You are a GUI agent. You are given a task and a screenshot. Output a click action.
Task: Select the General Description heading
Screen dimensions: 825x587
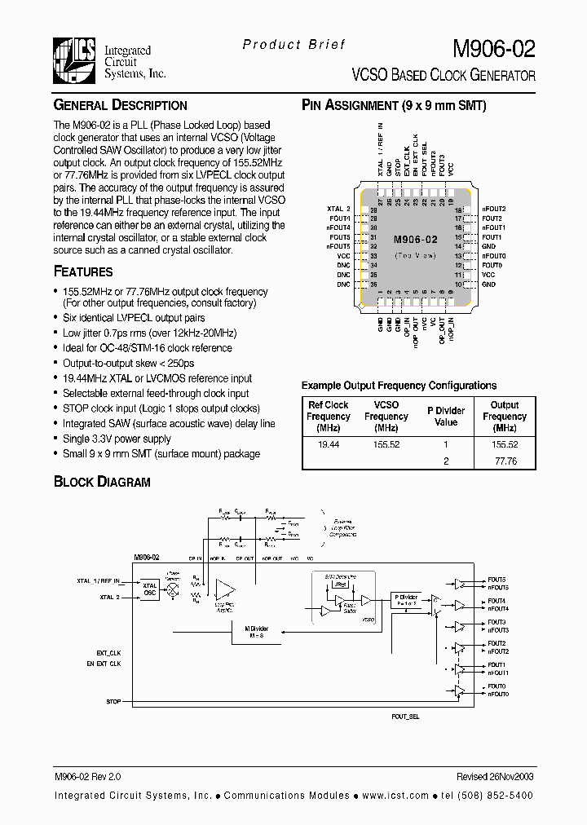point(120,105)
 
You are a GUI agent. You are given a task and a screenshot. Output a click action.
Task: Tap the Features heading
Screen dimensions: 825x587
point(83,271)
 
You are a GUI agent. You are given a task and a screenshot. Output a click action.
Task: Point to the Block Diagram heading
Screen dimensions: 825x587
point(102,481)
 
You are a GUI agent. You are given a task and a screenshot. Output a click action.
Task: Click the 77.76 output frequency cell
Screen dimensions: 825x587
point(505,461)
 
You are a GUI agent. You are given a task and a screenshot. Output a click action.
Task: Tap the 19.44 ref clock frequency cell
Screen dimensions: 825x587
point(328,445)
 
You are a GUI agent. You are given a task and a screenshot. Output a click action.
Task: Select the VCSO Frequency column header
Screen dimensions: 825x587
point(386,416)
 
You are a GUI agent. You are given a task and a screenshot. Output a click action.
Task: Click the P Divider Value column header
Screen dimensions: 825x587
point(446,417)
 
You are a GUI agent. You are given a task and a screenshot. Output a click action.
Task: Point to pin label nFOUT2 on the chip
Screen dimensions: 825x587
point(494,209)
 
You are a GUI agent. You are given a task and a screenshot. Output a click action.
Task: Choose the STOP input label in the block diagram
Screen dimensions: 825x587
point(113,701)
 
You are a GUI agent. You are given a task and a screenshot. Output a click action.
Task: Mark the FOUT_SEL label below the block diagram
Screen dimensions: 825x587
point(405,715)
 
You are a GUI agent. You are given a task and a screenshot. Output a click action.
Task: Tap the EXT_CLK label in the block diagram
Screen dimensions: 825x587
point(108,653)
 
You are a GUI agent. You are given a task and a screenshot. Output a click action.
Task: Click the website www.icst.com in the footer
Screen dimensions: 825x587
point(397,795)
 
